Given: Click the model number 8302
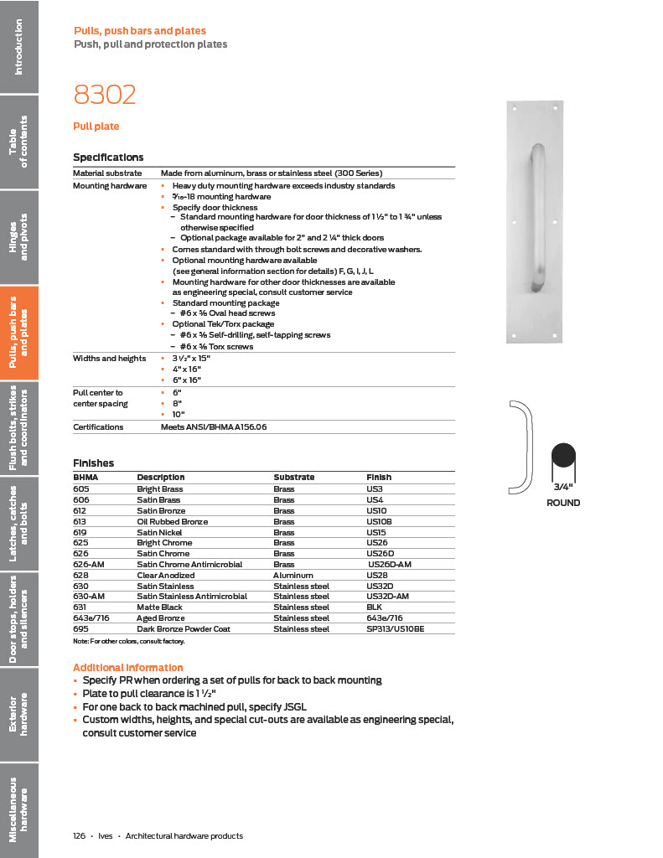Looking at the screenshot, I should click(105, 95).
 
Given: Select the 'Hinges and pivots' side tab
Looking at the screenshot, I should click(19, 237).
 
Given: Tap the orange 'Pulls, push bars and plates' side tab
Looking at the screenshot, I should click(19, 333).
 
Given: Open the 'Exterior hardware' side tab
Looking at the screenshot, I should click(19, 714).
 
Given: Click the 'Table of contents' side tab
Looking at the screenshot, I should click(19, 142).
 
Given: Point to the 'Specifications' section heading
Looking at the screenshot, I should click(108, 158).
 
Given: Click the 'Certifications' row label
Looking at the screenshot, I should click(98, 426).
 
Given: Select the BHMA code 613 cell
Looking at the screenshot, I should click(81, 521).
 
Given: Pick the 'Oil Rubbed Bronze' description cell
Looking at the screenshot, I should click(172, 521).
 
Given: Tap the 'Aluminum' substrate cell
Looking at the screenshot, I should click(293, 576).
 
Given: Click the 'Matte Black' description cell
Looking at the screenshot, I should click(160, 607).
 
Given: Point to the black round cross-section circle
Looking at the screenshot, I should click(562, 458).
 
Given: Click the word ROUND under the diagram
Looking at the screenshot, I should click(562, 503).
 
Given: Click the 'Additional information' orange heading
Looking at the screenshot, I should click(127, 667).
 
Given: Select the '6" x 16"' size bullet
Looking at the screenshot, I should click(186, 380).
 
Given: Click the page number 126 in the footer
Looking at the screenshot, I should click(80, 835).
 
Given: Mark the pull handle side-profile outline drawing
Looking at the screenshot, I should click(522, 448).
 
